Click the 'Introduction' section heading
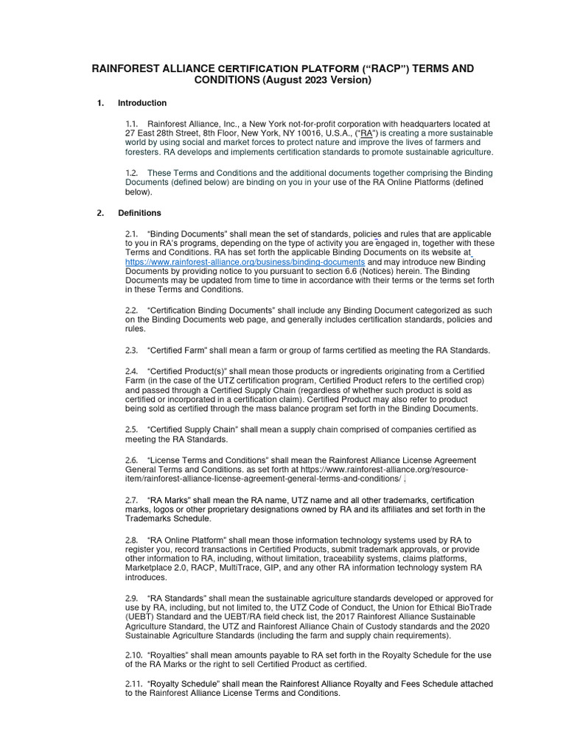[142, 103]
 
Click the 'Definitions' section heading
[139, 214]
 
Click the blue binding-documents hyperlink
[245, 262]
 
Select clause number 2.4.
[132, 371]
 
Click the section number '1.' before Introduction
[100, 103]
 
